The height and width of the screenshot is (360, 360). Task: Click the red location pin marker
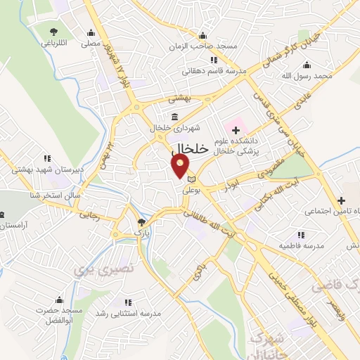pyautogui.click(x=181, y=166)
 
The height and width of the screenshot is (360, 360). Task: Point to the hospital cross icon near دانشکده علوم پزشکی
pyautogui.click(x=235, y=131)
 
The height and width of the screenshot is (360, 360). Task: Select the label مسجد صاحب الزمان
pyautogui.click(x=204, y=46)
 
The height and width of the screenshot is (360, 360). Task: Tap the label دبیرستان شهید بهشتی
pyautogui.click(x=39, y=169)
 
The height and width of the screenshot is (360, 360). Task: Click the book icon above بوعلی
pyautogui.click(x=191, y=181)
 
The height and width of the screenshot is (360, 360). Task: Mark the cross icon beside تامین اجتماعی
pyautogui.click(x=342, y=200)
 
